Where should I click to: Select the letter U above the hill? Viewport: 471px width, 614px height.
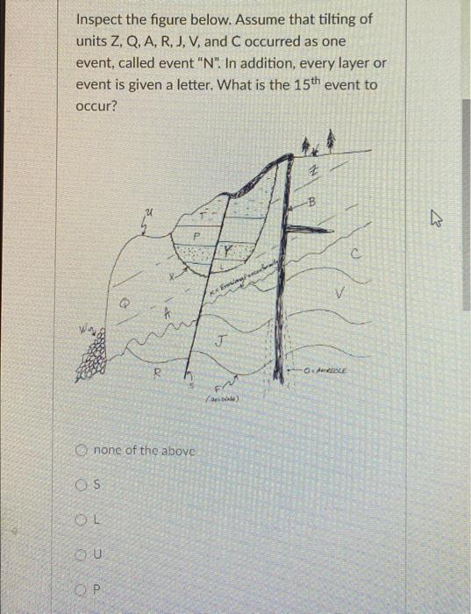coord(150,211)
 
